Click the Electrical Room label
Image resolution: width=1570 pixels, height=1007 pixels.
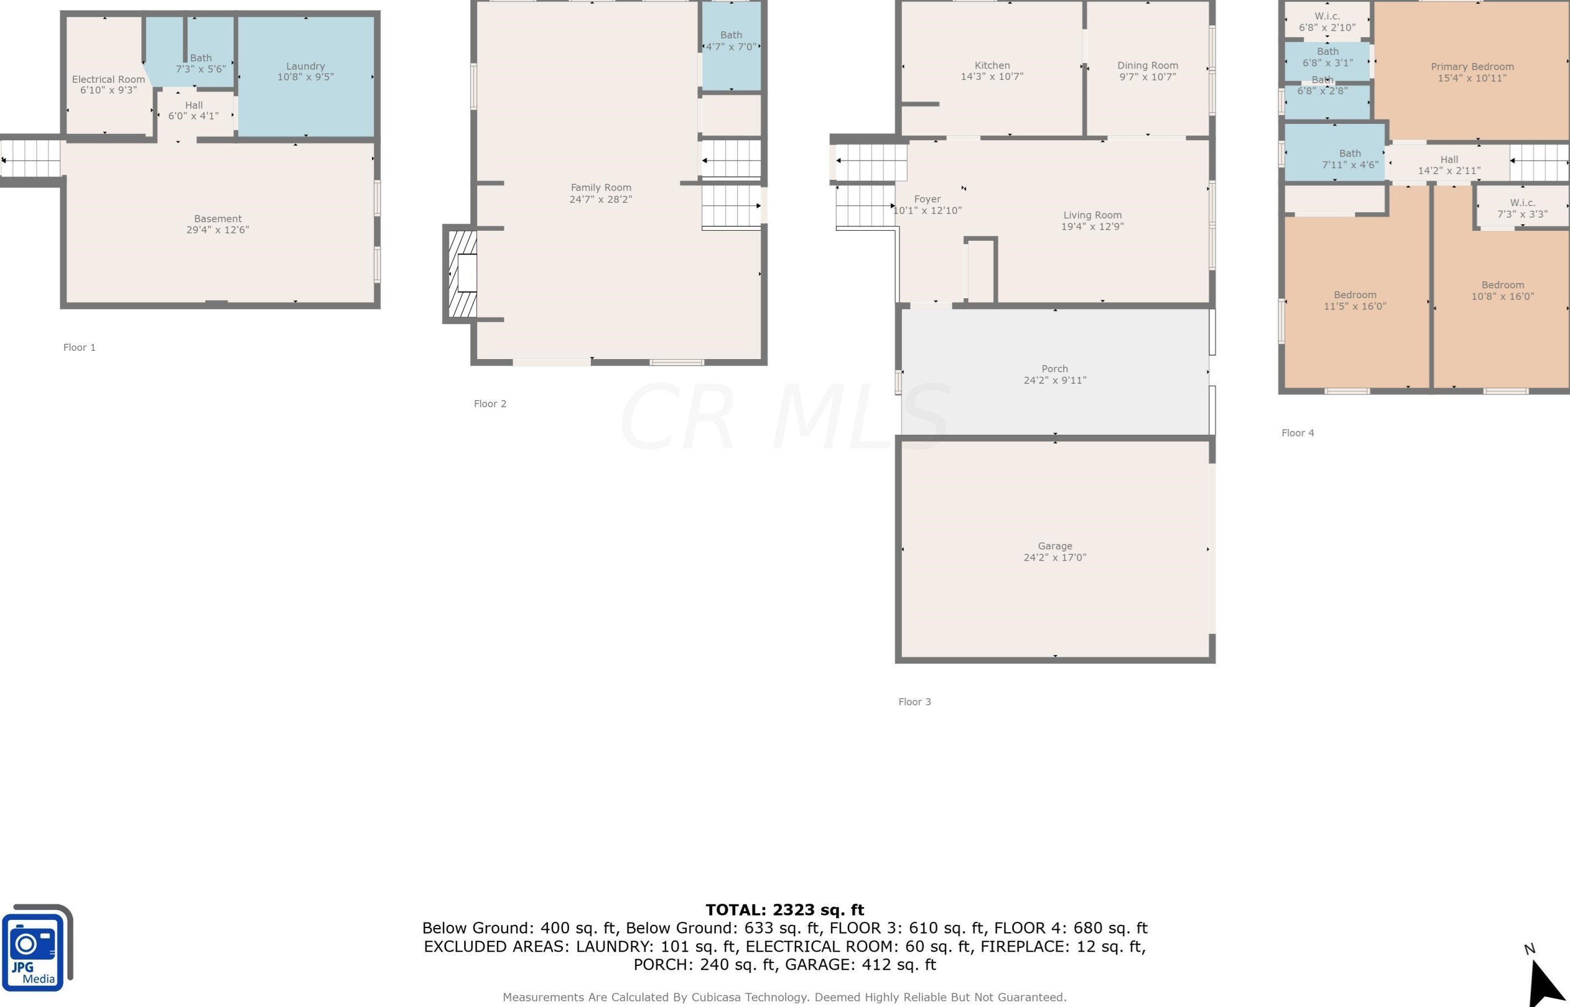tap(109, 79)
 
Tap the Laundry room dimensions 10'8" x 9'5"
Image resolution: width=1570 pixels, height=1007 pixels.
tap(306, 77)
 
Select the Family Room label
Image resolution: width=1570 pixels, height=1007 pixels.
tap(601, 187)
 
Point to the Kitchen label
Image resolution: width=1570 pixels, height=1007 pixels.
tap(992, 65)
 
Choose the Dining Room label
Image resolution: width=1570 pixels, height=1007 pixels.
tap(1148, 65)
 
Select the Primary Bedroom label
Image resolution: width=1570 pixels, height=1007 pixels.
tap(1472, 67)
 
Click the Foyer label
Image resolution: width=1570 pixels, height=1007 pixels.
tap(928, 199)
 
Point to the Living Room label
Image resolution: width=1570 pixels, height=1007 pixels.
tap(1092, 215)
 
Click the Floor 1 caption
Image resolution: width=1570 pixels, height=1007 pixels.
tap(79, 347)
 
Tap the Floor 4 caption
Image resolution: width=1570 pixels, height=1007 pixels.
tap(1298, 433)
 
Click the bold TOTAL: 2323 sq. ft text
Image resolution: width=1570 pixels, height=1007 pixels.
tap(785, 909)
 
